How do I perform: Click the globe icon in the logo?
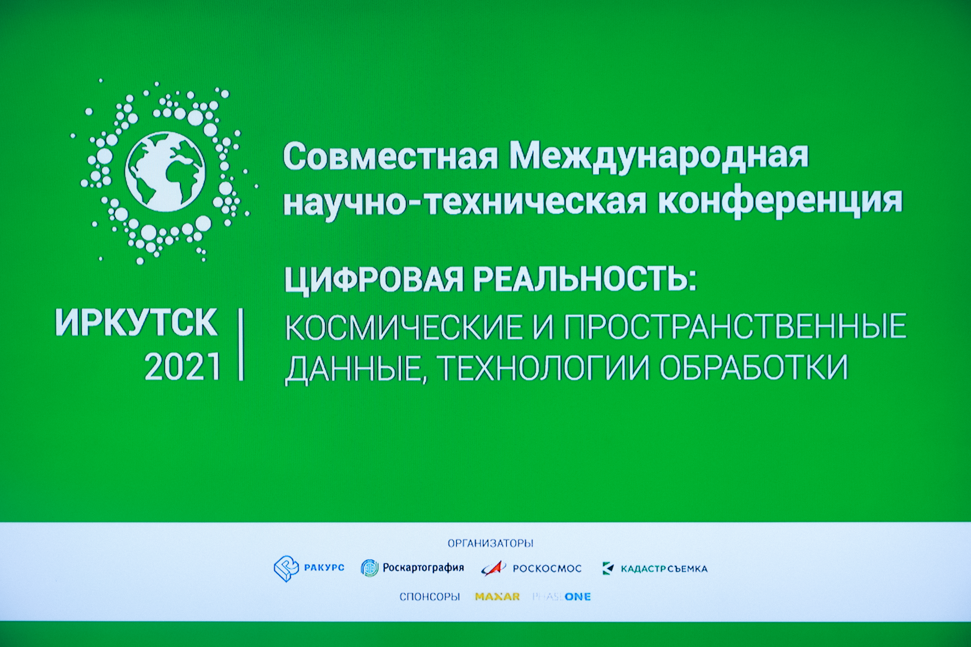(165, 172)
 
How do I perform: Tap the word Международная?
(659, 157)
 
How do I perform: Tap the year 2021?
(182, 367)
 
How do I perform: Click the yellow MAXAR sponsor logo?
(497, 597)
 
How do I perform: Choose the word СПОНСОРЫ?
(429, 597)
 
